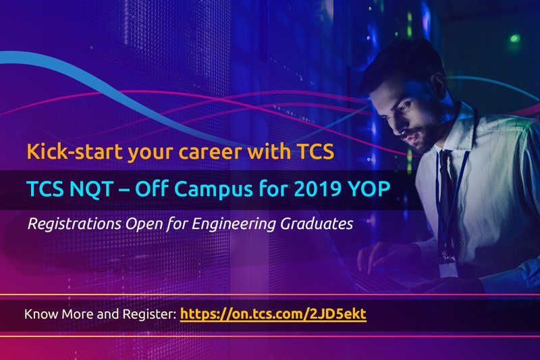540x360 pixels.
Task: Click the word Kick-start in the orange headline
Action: (x=74, y=151)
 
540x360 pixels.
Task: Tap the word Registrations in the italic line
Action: (x=74, y=224)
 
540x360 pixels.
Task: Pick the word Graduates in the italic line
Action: (x=317, y=224)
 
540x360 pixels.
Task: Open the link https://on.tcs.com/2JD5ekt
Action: (x=273, y=314)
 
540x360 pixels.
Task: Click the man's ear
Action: (x=439, y=87)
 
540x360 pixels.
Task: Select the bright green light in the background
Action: (x=514, y=38)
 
